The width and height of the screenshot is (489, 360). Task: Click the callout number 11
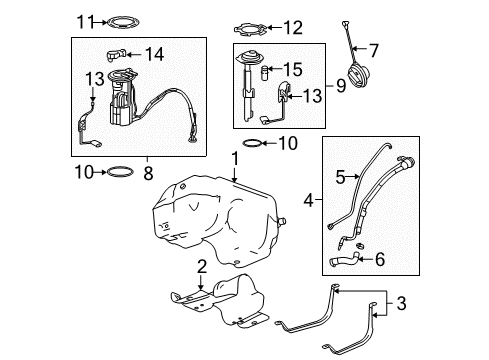85,20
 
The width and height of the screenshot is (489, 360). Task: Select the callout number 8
148,172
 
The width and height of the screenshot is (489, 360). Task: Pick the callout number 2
202,266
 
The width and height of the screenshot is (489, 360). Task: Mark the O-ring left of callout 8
118,172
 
